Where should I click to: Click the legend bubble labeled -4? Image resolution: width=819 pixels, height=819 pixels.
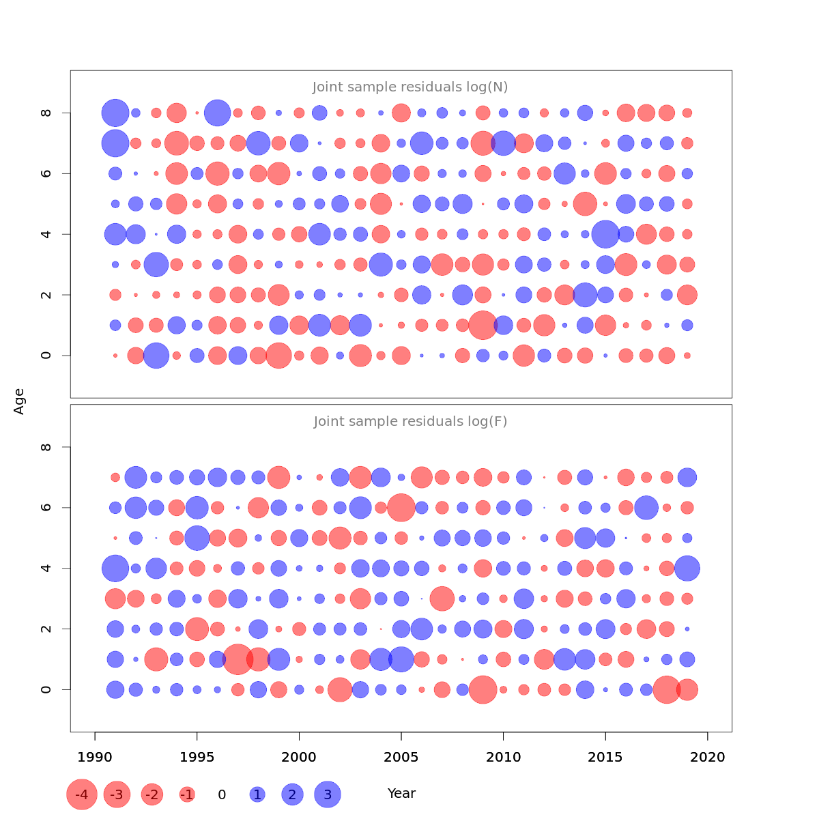click(x=82, y=794)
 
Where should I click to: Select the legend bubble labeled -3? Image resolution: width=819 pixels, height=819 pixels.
click(x=117, y=794)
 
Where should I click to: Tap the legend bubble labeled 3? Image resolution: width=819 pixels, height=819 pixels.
click(x=328, y=794)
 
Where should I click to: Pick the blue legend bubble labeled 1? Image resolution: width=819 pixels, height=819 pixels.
click(x=257, y=794)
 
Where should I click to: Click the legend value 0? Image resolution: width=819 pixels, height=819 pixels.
click(x=222, y=794)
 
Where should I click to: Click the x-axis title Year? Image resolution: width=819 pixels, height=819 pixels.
click(x=401, y=793)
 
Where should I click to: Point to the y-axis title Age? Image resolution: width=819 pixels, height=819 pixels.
click(x=19, y=401)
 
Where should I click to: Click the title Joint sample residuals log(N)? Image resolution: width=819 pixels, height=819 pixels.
click(x=410, y=87)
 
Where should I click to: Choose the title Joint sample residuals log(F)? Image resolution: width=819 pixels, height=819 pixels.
click(x=410, y=421)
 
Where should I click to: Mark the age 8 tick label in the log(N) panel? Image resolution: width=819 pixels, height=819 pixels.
click(x=46, y=113)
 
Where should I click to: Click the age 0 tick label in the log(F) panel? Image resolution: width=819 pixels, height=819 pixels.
click(x=46, y=689)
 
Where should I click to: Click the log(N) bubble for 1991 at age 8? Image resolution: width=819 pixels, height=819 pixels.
click(x=115, y=113)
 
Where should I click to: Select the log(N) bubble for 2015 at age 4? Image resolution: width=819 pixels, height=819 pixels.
click(x=605, y=234)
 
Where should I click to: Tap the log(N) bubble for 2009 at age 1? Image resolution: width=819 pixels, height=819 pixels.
click(x=483, y=325)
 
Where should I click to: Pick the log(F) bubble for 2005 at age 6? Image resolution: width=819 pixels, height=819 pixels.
click(x=401, y=508)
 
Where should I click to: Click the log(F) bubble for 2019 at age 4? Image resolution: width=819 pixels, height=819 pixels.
click(x=687, y=568)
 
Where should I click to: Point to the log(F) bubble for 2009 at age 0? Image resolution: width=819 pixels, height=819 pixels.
click(x=483, y=689)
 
